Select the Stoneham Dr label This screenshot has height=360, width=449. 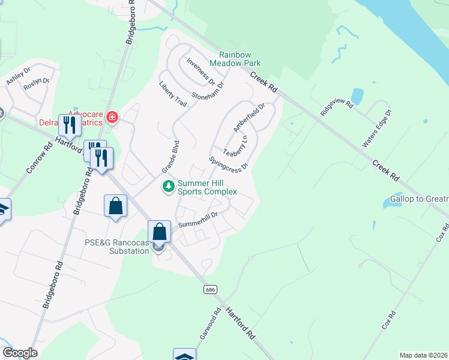(x=207, y=91)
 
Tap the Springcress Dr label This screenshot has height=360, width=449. (x=229, y=164)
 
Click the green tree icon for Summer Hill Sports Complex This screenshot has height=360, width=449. (x=169, y=187)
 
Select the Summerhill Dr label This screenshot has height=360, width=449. (x=197, y=220)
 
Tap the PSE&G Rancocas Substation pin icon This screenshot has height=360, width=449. (x=158, y=247)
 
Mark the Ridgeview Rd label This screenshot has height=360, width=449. (x=336, y=107)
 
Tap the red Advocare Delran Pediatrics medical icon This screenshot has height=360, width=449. (x=112, y=117)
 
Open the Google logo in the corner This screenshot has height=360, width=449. (x=20, y=353)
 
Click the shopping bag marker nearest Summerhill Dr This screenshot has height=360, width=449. (x=159, y=231)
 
